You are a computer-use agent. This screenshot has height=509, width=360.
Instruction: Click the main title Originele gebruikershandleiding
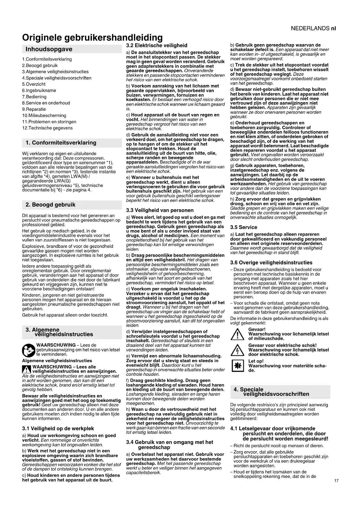[92, 37]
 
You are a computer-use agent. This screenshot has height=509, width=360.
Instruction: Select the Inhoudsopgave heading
[49, 49]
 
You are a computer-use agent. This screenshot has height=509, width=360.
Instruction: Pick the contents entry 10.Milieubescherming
[44, 115]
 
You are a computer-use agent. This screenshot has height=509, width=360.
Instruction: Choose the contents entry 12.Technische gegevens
[47, 128]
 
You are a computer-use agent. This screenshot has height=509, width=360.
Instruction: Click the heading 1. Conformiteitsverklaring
[61, 143]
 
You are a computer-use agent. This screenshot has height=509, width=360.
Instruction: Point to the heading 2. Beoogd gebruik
[50, 205]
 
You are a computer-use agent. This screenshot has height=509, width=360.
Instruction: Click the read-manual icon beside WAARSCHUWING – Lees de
[29, 350]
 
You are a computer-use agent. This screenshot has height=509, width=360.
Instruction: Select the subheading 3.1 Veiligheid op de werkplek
[58, 428]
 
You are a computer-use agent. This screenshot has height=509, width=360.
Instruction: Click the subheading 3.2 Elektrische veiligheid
[157, 46]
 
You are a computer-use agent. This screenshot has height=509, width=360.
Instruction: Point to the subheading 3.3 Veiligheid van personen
[160, 210]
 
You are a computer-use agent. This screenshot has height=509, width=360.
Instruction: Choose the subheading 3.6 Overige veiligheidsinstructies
[271, 263]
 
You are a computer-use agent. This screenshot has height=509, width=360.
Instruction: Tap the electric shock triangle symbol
[237, 350]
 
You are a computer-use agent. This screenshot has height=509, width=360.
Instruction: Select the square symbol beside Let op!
[237, 366]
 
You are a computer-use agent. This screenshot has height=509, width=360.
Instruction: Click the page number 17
[336, 481]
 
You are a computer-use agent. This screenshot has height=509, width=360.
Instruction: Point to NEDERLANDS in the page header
[310, 28]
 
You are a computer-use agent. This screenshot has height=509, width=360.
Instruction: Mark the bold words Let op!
[256, 361]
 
